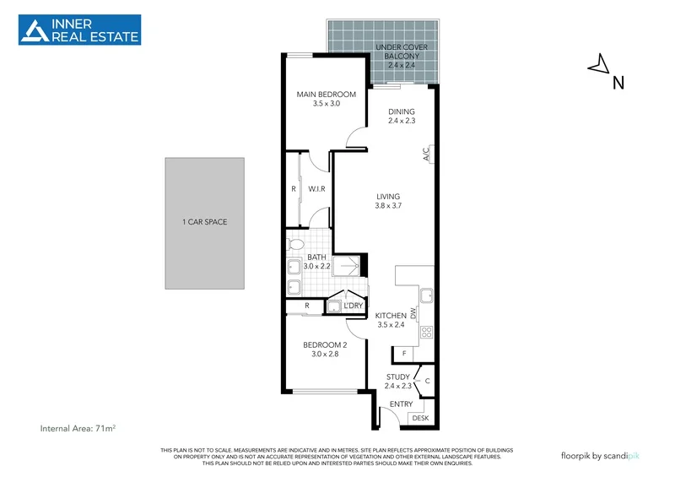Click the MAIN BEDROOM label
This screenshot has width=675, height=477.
(x=326, y=99)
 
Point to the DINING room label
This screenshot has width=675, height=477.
(x=402, y=117)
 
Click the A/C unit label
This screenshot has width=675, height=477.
(x=427, y=154)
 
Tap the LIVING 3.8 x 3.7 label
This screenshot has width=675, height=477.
(x=388, y=201)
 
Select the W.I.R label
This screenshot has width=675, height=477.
(x=317, y=188)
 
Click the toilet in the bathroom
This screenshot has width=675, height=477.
(x=295, y=244)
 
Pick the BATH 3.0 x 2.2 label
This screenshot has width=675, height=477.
(x=317, y=262)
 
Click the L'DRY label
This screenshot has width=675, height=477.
(x=354, y=305)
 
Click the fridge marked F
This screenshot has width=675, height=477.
(x=404, y=352)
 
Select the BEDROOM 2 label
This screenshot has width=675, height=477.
(x=325, y=350)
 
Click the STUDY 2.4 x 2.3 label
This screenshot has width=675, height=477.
(x=398, y=382)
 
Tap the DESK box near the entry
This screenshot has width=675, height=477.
(x=419, y=418)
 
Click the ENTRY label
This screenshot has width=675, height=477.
(x=391, y=404)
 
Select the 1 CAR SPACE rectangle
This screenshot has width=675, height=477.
(x=205, y=222)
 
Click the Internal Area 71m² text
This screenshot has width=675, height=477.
(x=78, y=429)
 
